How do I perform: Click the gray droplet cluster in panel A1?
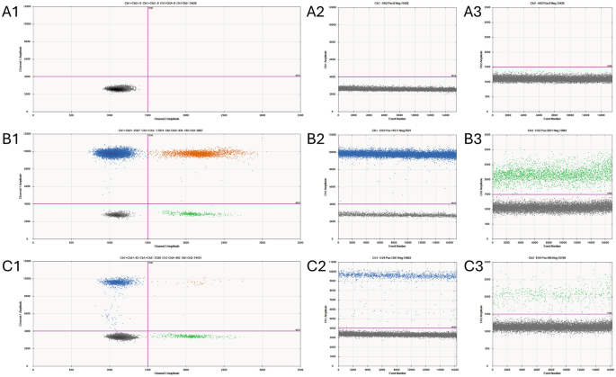[118, 88]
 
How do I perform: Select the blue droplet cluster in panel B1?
[113, 153]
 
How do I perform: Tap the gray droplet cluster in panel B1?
[116, 214]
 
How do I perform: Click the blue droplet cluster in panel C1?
[115, 282]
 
